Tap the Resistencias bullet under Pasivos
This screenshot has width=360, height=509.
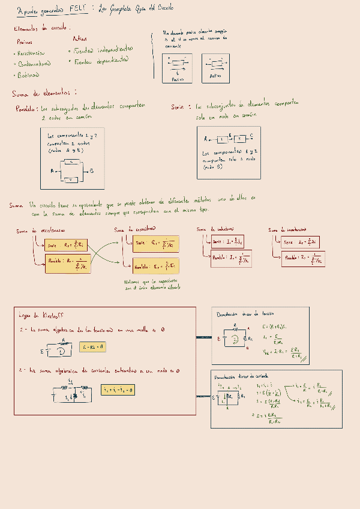coord(32,53)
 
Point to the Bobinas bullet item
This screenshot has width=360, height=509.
coord(28,75)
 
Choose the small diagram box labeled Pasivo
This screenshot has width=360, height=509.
coord(177,67)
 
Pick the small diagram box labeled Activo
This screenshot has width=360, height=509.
coord(215,67)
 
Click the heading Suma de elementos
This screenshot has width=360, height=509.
coord(43,93)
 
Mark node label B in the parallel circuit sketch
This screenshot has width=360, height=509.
coord(92,171)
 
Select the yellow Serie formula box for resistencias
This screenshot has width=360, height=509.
coord(67,245)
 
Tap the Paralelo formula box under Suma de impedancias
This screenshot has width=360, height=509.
coord(305,259)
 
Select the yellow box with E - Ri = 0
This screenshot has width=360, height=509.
coord(92,347)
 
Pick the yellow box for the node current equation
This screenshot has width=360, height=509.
coord(118,391)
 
